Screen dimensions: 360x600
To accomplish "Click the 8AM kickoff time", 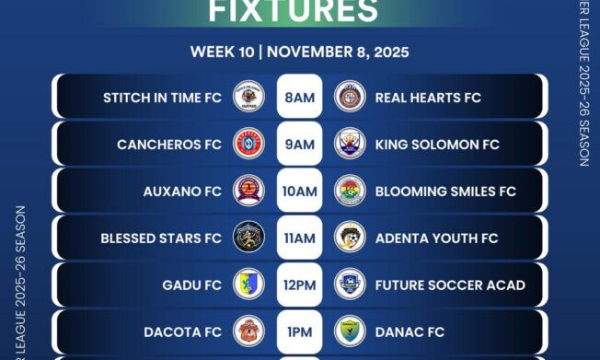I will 299,97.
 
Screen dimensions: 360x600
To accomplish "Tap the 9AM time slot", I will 299,145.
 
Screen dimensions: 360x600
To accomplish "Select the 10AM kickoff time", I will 299,192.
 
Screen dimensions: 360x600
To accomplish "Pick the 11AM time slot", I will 299,238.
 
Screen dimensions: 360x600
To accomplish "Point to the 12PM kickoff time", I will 299,285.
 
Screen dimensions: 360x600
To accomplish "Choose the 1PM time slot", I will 299,331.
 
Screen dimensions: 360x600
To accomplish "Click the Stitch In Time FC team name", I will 162,97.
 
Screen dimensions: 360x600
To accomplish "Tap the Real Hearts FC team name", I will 428,97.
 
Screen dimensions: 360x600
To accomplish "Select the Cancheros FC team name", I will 169,145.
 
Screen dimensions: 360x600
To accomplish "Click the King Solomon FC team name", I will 437,145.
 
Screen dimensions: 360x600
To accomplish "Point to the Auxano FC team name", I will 182,192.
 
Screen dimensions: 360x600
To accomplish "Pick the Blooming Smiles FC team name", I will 445,192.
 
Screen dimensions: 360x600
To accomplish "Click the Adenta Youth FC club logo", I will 350,238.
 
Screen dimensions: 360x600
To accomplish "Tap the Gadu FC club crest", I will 248,285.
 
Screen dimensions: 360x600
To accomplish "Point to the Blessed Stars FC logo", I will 248,238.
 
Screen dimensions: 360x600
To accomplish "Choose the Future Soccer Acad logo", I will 350,285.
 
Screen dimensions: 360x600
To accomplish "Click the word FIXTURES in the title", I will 294,11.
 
